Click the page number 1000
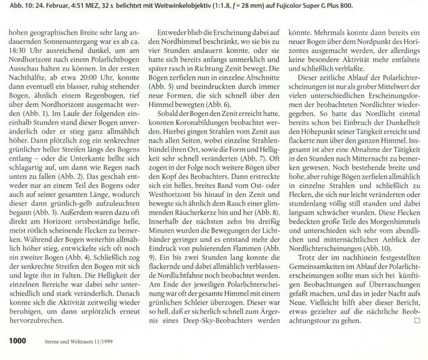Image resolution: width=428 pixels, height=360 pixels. pos(17,341)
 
